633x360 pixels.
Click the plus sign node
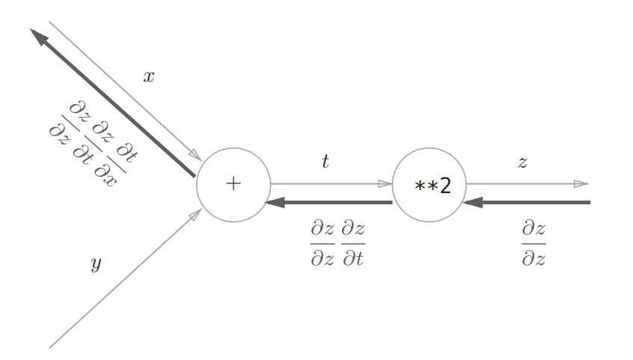coord(233,184)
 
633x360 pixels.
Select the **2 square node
coord(429,184)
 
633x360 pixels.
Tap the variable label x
coord(149,76)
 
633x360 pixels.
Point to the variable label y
coord(96,263)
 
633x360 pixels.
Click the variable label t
coord(325,161)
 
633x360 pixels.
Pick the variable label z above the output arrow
coord(522,162)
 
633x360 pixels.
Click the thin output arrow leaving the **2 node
coord(527,183)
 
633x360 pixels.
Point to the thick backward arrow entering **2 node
coord(527,203)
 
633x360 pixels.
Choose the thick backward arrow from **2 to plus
coord(329,203)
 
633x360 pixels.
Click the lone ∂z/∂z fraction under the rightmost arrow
coord(533,244)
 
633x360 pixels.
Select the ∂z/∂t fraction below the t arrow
coord(353,244)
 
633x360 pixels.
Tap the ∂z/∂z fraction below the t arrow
coord(322,244)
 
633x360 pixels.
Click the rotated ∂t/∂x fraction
coord(115,163)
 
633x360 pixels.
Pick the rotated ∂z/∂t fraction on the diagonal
coord(93,140)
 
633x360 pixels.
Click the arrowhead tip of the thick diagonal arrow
coord(32,31)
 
